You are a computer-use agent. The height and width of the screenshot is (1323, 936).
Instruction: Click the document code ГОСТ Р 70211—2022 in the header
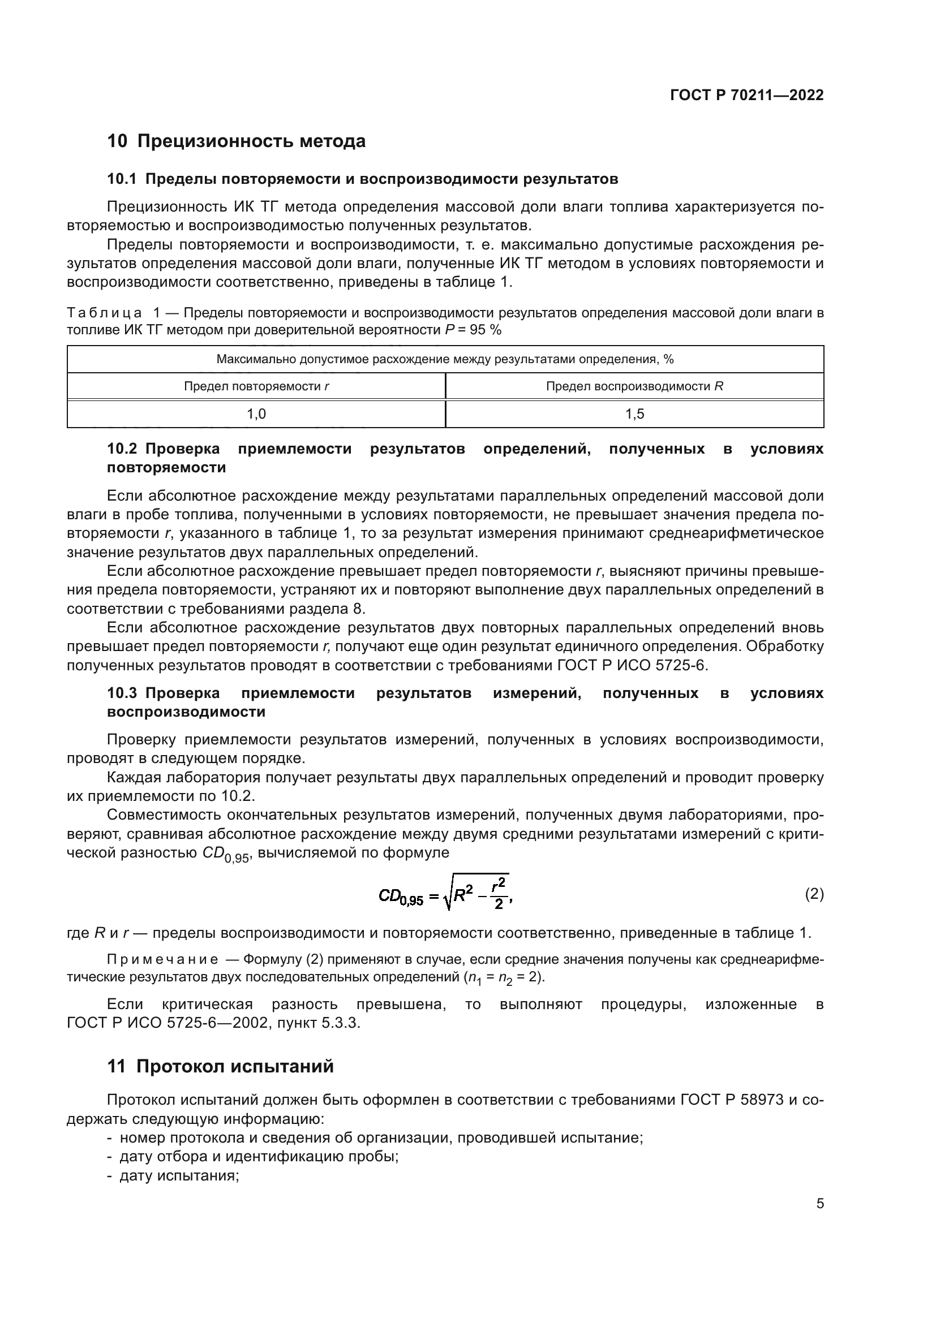point(747,96)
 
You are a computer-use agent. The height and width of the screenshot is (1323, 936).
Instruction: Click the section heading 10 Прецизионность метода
point(237,141)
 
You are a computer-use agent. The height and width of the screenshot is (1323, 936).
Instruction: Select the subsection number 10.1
point(122,179)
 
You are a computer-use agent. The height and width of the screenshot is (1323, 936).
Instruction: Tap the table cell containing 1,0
point(256,413)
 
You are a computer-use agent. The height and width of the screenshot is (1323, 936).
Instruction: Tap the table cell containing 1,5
point(634,413)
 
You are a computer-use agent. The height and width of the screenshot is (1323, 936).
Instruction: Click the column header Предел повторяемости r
point(256,386)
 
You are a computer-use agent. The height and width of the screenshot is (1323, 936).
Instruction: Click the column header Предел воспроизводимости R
point(634,386)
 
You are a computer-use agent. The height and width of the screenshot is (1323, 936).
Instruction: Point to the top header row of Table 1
point(445,360)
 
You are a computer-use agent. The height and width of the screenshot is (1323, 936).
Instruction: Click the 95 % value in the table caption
point(487,330)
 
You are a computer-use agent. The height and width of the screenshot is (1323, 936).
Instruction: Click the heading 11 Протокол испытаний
point(221,1067)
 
